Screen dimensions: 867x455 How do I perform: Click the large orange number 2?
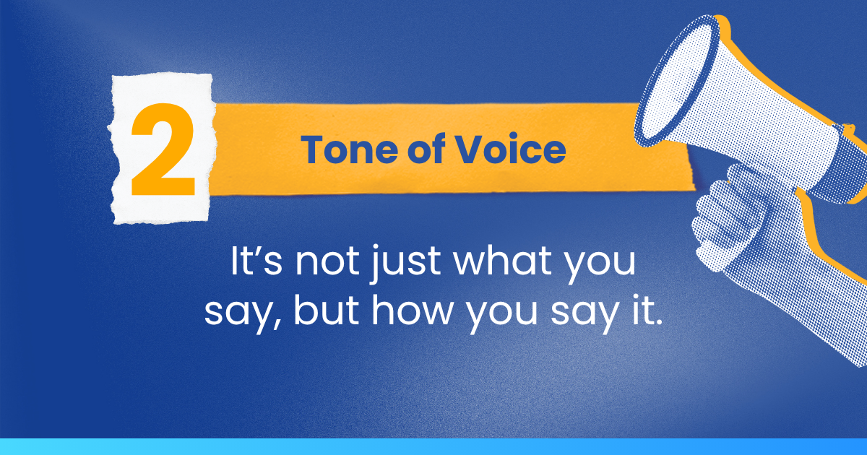(163, 149)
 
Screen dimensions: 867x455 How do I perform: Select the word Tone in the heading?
(349, 149)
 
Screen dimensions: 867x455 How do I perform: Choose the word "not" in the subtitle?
(327, 261)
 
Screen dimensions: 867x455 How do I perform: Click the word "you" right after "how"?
(501, 316)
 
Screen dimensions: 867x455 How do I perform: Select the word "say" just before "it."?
(585, 316)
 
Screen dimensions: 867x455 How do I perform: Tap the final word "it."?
(647, 311)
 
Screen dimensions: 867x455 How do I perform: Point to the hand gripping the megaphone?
(728, 220)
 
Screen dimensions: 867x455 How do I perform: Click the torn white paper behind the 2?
(162, 149)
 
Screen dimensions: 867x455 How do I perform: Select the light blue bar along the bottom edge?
(433, 446)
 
